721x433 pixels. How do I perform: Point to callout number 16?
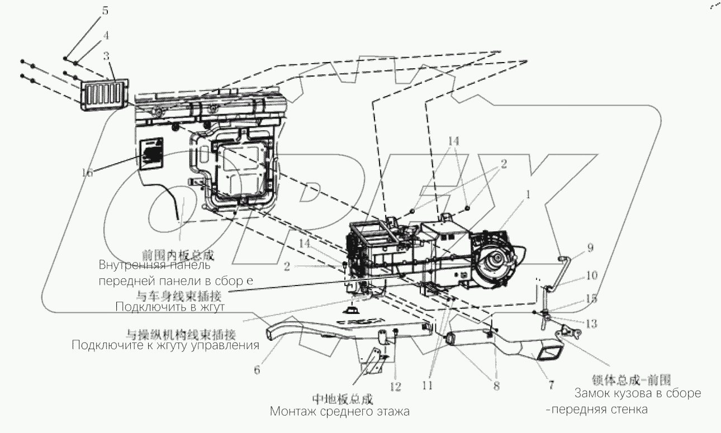point(88,173)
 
